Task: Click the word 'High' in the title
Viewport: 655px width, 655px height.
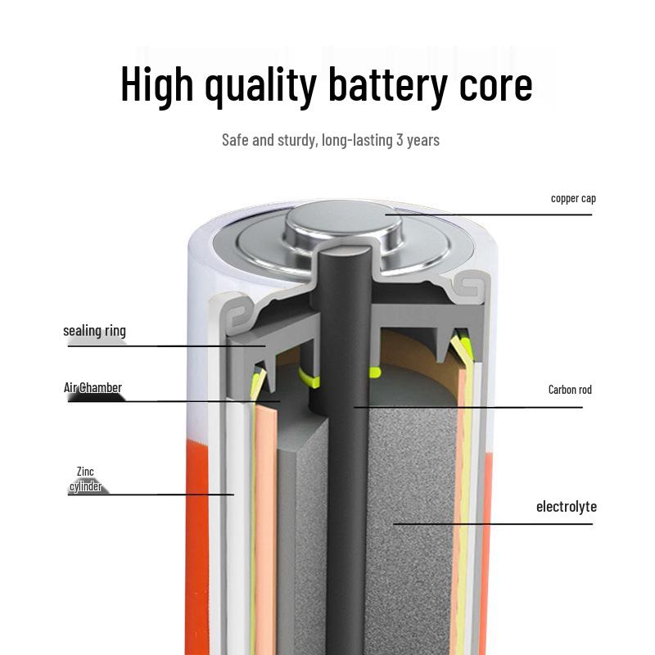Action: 157,84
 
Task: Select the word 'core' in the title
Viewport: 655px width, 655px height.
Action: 496,88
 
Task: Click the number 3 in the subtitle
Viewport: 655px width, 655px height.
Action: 400,140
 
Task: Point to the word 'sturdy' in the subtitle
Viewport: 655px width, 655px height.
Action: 296,140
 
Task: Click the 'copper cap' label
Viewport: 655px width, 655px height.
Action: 573,198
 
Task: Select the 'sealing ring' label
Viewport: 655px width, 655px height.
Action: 94,331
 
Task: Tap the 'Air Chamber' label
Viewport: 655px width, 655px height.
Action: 93,387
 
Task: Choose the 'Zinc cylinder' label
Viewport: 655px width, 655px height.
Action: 85,479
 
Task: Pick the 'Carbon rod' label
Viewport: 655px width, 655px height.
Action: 570,390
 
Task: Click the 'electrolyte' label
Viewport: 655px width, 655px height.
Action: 567,507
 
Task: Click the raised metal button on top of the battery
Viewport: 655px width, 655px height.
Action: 343,224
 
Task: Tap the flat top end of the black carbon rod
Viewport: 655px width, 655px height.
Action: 344,251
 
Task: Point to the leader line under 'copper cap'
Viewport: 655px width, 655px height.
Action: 488,215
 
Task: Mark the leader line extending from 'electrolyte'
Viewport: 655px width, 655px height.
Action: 493,523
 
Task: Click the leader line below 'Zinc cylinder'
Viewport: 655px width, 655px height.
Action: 151,495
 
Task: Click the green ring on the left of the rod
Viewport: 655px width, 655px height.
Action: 309,378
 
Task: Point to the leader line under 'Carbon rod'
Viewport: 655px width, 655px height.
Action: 468,407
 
